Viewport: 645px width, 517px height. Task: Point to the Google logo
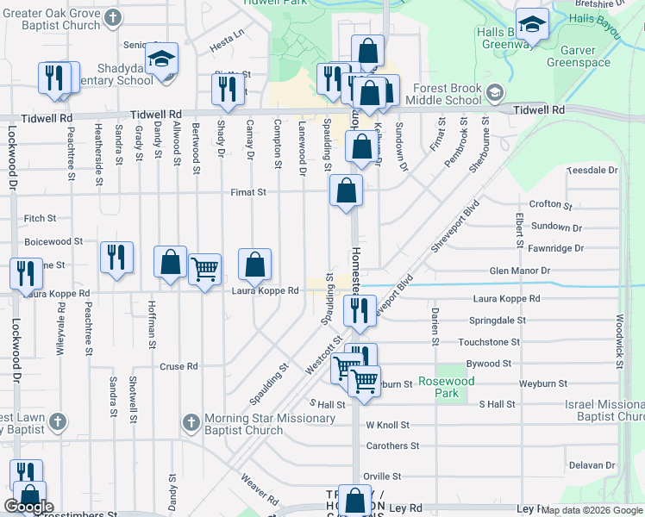28,507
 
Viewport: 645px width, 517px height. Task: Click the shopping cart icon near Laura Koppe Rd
204,271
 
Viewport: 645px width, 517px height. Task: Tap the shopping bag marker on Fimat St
346,191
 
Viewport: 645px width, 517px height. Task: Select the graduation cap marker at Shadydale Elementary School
161,59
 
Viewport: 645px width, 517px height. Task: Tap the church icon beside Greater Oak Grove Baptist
113,17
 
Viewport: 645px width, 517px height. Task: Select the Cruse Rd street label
178,366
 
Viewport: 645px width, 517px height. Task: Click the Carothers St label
391,445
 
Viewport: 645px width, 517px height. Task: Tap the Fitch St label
41,219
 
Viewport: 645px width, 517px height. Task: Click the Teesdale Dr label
592,171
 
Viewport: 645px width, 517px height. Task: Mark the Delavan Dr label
591,465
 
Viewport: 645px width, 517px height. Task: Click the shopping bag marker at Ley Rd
354,500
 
